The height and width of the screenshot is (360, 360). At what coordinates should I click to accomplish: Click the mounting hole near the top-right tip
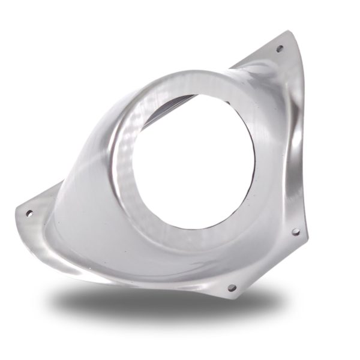coord(279,49)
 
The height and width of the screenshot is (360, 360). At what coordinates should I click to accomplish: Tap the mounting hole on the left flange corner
coord(29,213)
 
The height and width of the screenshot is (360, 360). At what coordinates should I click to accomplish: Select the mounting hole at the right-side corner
coord(295,231)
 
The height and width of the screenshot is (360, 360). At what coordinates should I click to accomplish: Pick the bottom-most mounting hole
coord(232,287)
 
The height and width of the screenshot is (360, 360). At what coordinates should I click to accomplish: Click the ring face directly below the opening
coord(186,243)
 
